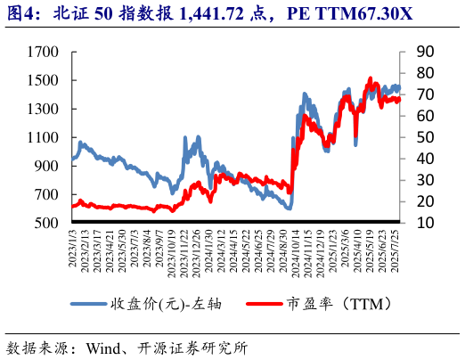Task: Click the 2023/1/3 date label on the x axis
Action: (x=72, y=251)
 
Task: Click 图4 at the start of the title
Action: (x=21, y=13)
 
